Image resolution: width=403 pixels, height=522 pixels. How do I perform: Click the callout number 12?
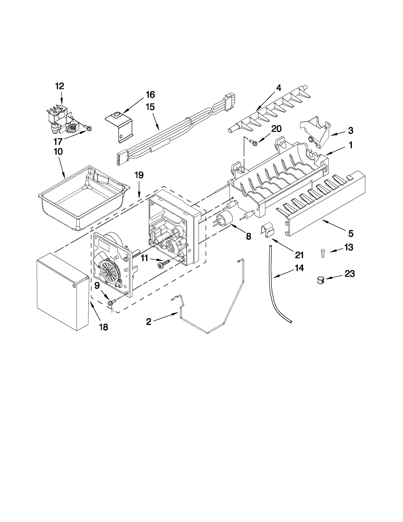60,86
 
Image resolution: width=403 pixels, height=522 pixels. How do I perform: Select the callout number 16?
150,95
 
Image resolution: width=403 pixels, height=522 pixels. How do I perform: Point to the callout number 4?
278,88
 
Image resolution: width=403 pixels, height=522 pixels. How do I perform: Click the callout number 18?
103,327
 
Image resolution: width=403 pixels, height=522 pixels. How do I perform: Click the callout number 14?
299,268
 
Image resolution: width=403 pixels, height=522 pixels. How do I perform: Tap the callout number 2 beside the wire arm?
149,322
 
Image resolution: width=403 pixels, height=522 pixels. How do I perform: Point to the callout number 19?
139,175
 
